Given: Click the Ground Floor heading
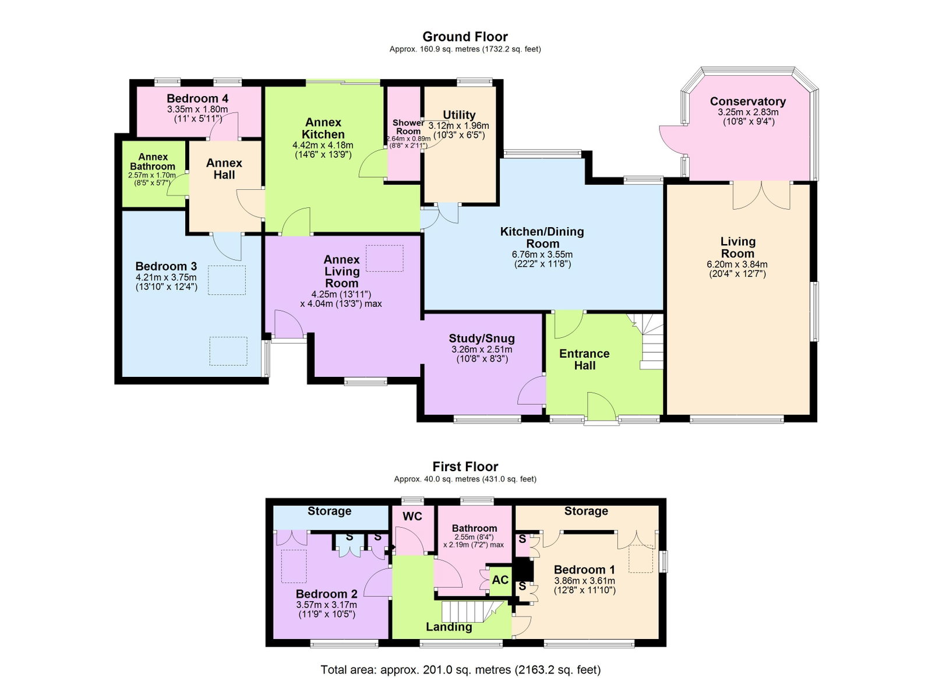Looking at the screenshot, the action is pos(465,37).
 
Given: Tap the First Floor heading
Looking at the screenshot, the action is pos(465,467).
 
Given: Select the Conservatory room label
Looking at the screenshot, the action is pos(748,101).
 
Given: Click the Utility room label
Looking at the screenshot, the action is pos(459,115).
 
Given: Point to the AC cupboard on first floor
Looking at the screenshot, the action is pos(500,580).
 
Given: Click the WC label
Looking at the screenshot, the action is pos(412,517).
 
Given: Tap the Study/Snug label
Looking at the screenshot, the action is pos(482,338).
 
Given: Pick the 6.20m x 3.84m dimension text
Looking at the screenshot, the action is pos(737,264).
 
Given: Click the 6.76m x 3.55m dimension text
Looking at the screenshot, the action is pos(542,255).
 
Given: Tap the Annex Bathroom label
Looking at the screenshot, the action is pos(153,162).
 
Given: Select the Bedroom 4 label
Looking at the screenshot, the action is pos(197,98).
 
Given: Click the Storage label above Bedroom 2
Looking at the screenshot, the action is pos(330,511).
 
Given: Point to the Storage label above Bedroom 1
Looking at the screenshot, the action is pos(586,511).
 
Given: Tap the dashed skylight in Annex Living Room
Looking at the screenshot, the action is pos(384,258).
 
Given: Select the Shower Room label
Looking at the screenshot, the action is pos(408,127).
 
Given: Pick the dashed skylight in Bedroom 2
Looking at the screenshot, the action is pos(294,567).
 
